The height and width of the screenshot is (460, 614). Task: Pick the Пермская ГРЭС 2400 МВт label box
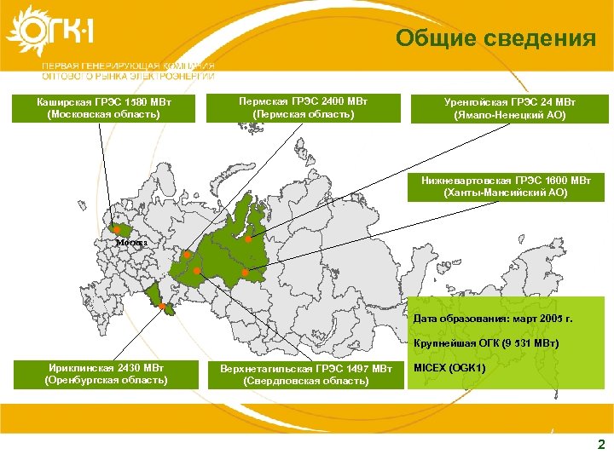coord(304,106)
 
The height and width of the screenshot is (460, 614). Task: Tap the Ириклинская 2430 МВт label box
coord(106,374)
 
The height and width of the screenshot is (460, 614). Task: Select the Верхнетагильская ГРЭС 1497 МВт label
coord(305,375)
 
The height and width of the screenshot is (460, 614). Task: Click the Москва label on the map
coord(131,242)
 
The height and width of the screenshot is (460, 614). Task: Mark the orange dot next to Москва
coord(116,229)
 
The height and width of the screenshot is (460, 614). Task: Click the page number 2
coord(601,445)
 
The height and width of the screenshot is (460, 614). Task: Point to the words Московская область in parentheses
coord(104,115)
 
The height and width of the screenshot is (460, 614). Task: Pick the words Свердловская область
coord(305,382)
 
